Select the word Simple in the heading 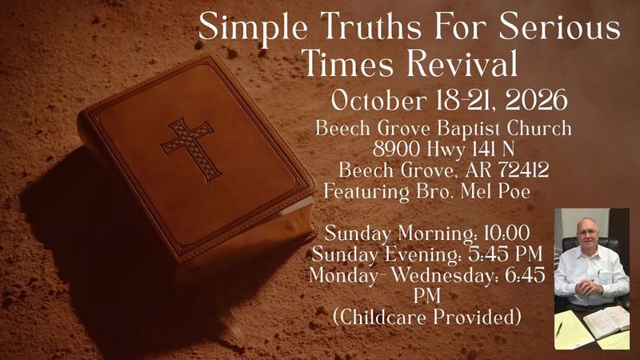point(253,27)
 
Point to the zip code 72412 point(524,170)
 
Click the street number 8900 point(396,150)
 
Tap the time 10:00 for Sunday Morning point(506,233)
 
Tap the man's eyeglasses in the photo point(588,232)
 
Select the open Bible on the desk point(606,322)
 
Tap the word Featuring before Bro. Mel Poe point(366,192)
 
